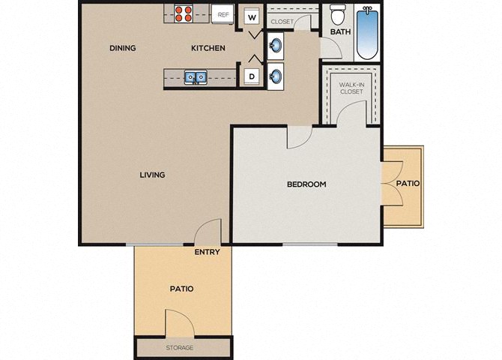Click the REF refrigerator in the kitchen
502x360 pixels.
pos(223,15)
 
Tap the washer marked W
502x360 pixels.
pos(252,17)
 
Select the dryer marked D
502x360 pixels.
pos(252,76)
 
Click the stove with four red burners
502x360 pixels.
pos(184,13)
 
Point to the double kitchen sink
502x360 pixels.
pos(196,77)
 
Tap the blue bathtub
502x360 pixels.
pos(367,32)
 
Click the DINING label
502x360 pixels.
pos(123,48)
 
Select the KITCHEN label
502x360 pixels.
pos(208,48)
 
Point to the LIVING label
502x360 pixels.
pos(152,175)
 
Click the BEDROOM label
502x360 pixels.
pos(306,184)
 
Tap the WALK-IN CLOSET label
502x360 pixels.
pos(351,88)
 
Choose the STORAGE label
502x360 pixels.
pos(179,347)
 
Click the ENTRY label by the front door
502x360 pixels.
pos(207,252)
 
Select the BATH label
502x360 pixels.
pos(340,32)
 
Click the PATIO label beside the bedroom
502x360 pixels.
pos(408,183)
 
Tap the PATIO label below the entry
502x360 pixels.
pos(181,289)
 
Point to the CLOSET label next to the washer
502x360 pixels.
pos(282,22)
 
